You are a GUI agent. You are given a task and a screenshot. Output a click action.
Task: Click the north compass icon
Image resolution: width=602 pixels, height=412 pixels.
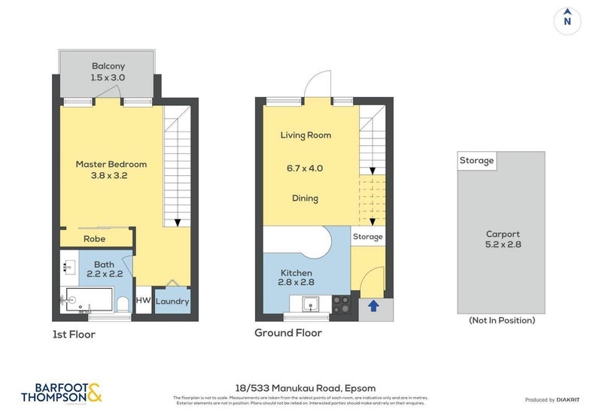[567, 20]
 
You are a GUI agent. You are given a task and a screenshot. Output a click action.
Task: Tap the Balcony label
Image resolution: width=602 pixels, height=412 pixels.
[108, 65]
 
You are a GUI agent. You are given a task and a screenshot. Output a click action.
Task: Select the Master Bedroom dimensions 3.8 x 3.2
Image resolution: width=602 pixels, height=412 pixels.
[111, 177]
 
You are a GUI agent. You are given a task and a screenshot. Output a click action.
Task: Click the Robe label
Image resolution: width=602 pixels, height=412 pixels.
[94, 239]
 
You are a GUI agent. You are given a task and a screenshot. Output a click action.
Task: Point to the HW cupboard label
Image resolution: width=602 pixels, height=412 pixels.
[143, 301]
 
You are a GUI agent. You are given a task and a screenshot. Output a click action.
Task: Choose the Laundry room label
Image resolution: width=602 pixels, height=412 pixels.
[173, 301]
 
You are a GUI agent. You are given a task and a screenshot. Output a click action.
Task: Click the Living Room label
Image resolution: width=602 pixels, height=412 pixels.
[306, 135]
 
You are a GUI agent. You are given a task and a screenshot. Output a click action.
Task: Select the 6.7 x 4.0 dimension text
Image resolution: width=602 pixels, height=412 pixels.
[306, 168]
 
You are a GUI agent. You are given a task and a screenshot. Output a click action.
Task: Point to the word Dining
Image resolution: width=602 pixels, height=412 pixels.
[306, 198]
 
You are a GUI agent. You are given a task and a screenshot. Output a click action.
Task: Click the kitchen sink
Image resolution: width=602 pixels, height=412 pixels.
[309, 304]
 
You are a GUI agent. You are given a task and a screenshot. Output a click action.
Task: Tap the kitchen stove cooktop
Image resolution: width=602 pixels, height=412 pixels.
[341, 304]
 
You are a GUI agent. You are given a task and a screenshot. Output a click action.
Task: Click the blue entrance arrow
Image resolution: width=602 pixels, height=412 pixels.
[372, 305]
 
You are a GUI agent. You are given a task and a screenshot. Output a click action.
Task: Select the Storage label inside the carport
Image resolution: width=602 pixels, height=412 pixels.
[477, 161]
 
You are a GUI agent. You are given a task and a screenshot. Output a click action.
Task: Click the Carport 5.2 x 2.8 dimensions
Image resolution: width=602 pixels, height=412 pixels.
[503, 244]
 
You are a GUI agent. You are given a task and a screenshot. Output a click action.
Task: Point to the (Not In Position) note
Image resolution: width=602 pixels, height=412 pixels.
[502, 320]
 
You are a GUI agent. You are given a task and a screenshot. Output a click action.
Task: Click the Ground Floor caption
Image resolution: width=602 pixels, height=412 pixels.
[288, 333]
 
